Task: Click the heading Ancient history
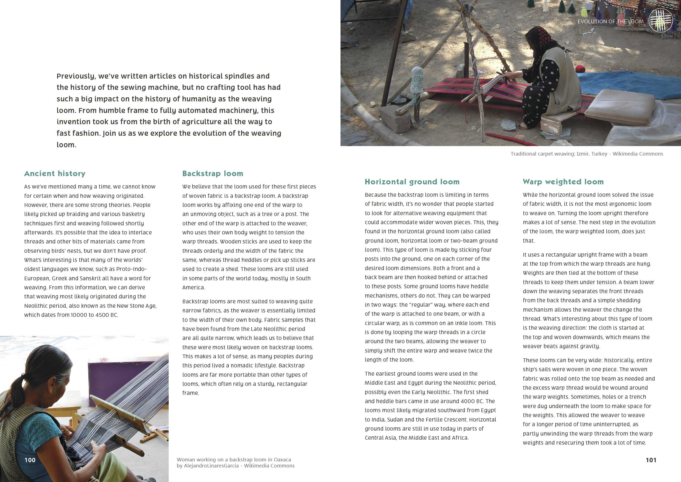pos(55,173)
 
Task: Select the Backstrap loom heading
pos(213,173)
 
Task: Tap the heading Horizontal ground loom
pos(412,182)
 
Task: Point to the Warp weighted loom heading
pos(563,182)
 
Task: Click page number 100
pos(30,460)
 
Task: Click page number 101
pos(651,460)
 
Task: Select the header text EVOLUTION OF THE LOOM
pos(610,22)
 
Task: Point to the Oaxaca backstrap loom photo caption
pos(236,462)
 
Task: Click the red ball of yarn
pos(580,69)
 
